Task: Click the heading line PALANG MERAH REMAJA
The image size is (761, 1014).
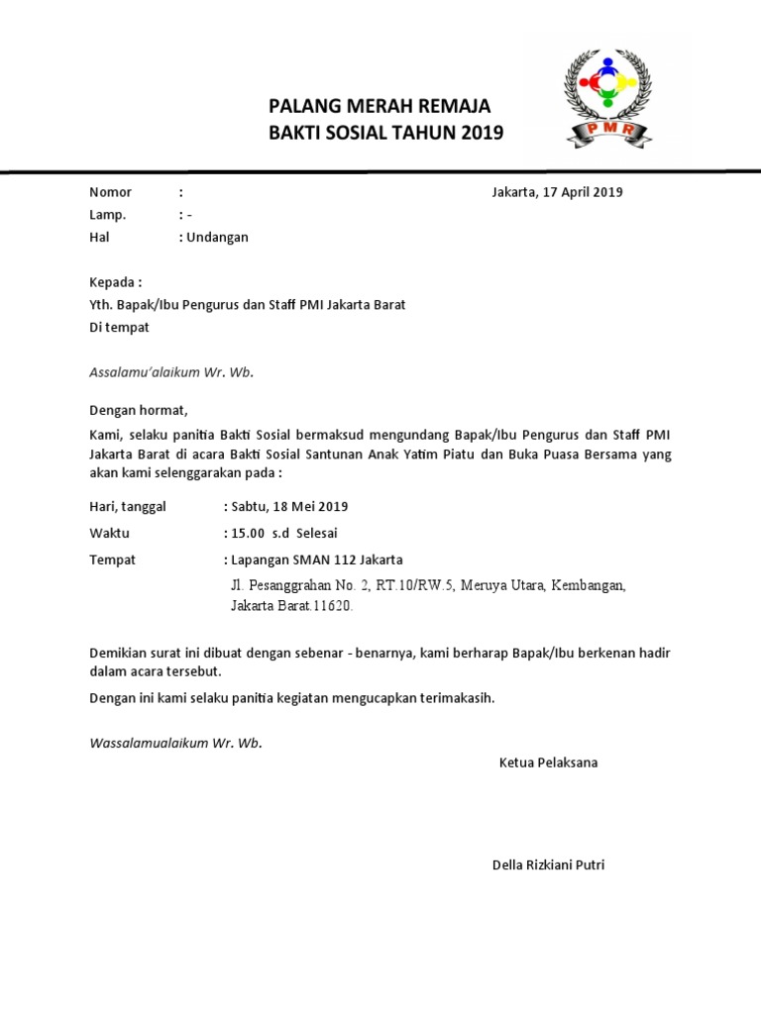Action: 380,107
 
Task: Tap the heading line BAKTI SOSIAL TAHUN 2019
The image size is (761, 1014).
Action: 386,133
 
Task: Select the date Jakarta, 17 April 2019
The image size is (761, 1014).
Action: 557,192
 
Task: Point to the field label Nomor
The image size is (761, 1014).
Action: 110,192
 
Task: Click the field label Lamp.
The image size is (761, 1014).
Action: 108,215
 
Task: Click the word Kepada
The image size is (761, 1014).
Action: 114,282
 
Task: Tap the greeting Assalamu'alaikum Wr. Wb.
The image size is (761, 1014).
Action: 171,372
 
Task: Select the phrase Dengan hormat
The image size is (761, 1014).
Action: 138,409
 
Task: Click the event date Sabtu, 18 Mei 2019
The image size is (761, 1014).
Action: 289,506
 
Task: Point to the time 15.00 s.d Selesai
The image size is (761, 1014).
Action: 285,533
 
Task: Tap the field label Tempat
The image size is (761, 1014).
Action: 112,559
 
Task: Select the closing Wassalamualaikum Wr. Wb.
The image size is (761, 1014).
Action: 176,742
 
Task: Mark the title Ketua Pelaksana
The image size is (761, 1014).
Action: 548,762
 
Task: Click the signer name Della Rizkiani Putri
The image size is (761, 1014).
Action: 548,864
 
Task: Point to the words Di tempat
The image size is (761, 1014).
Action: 119,327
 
